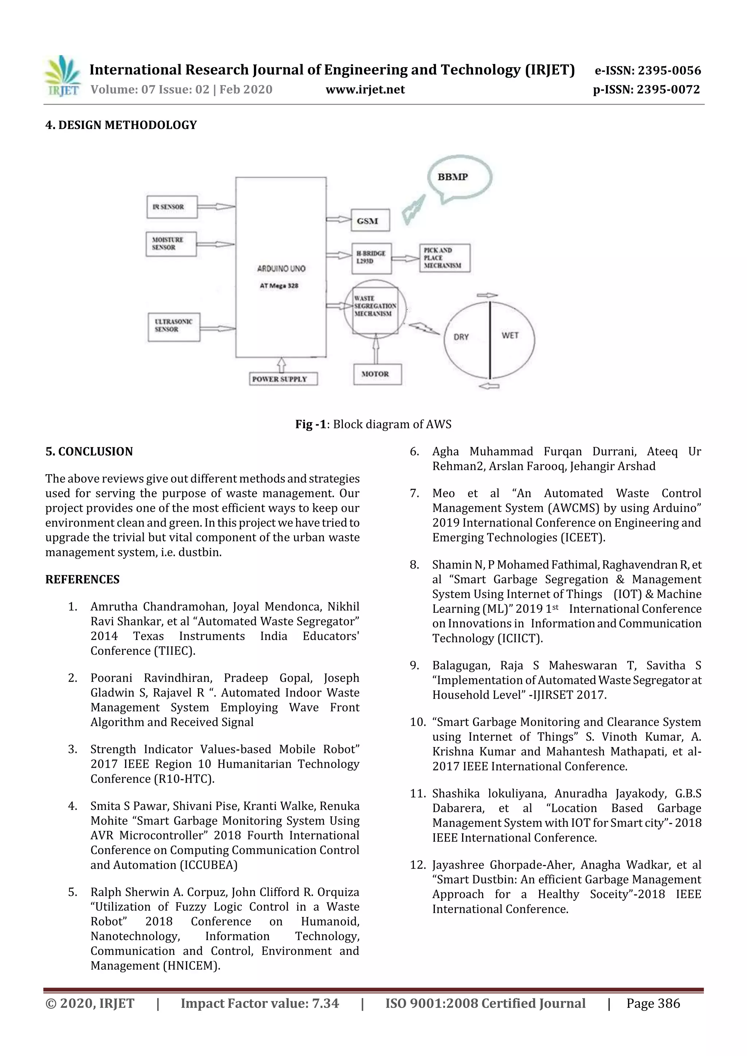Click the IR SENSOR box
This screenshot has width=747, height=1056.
[x=172, y=207]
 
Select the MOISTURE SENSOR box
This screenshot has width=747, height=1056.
[x=171, y=244]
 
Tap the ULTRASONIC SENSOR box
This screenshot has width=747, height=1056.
[x=174, y=327]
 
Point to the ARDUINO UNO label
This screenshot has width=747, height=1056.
[x=281, y=269]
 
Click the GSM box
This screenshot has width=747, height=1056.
[x=370, y=220]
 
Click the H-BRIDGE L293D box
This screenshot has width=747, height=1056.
[x=371, y=258]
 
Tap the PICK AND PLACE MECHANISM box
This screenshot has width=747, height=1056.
[x=444, y=258]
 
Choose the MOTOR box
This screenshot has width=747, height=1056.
[x=377, y=374]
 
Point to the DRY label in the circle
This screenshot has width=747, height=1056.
[x=461, y=337]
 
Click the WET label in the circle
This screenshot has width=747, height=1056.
[x=510, y=335]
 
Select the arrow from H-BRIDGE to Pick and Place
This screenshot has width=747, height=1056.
[x=405, y=259]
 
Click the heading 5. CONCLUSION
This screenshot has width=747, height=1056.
[x=89, y=451]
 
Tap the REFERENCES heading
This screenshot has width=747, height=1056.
[x=82, y=580]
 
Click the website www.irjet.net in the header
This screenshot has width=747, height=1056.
[x=365, y=89]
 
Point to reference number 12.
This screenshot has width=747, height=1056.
[x=418, y=865]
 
